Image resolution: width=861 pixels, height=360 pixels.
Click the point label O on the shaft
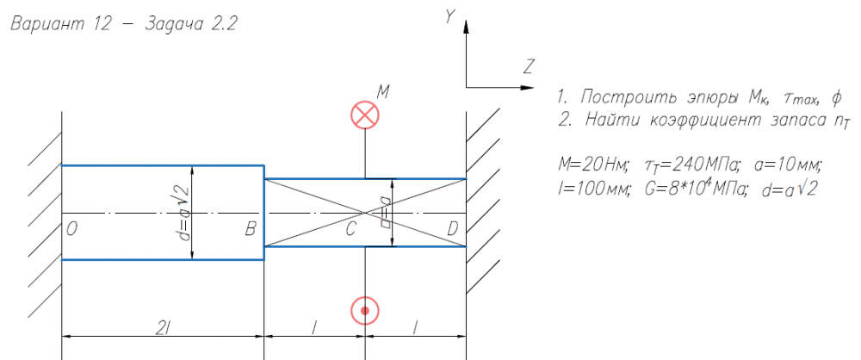tap(71, 230)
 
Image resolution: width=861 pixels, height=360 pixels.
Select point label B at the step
tap(251, 230)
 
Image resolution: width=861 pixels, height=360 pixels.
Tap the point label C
tap(351, 230)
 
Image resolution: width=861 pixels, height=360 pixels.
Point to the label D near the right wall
tap(453, 230)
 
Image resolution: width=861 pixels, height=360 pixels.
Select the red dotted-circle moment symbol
tap(365, 311)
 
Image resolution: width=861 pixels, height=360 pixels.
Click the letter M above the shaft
tap(383, 92)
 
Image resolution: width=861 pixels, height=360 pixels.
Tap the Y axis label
tap(450, 17)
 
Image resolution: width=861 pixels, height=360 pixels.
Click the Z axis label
tap(529, 67)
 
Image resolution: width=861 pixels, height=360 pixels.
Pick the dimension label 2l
tap(163, 327)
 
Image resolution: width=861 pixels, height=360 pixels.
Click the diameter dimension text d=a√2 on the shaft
tap(183, 214)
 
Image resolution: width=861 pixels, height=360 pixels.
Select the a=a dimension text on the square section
tap(386, 213)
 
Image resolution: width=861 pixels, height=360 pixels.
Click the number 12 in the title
tap(100, 25)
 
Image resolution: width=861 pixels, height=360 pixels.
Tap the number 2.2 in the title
tap(224, 25)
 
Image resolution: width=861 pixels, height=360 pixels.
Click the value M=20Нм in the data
tap(591, 164)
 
